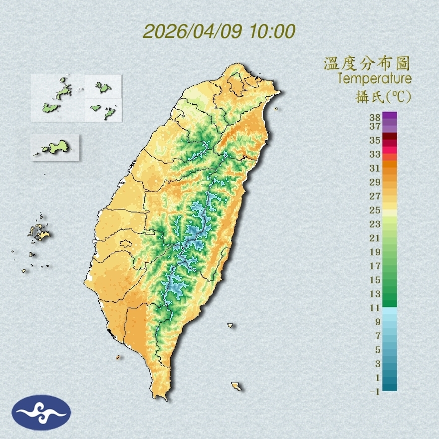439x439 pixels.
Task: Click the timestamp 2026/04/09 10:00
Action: click(x=219, y=31)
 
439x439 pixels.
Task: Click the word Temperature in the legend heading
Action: click(x=374, y=79)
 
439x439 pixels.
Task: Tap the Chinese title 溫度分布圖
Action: click(x=367, y=64)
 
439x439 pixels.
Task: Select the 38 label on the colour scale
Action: click(x=375, y=117)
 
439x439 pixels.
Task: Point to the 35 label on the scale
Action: click(x=375, y=140)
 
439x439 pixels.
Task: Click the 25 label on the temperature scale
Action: click(x=375, y=210)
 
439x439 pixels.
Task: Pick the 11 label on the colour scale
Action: click(x=375, y=307)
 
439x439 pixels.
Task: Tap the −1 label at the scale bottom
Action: click(x=375, y=392)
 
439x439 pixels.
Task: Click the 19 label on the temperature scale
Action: click(x=375, y=251)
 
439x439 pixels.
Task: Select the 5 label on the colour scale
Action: click(x=378, y=349)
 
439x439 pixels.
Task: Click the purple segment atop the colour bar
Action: click(x=390, y=115)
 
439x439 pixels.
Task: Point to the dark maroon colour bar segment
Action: click(x=390, y=137)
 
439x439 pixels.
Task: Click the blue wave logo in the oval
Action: click(x=41, y=412)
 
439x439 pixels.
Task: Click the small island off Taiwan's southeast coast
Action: click(x=236, y=386)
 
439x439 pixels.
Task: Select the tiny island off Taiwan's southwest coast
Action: click(x=118, y=357)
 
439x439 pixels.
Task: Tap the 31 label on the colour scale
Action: click(x=375, y=168)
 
